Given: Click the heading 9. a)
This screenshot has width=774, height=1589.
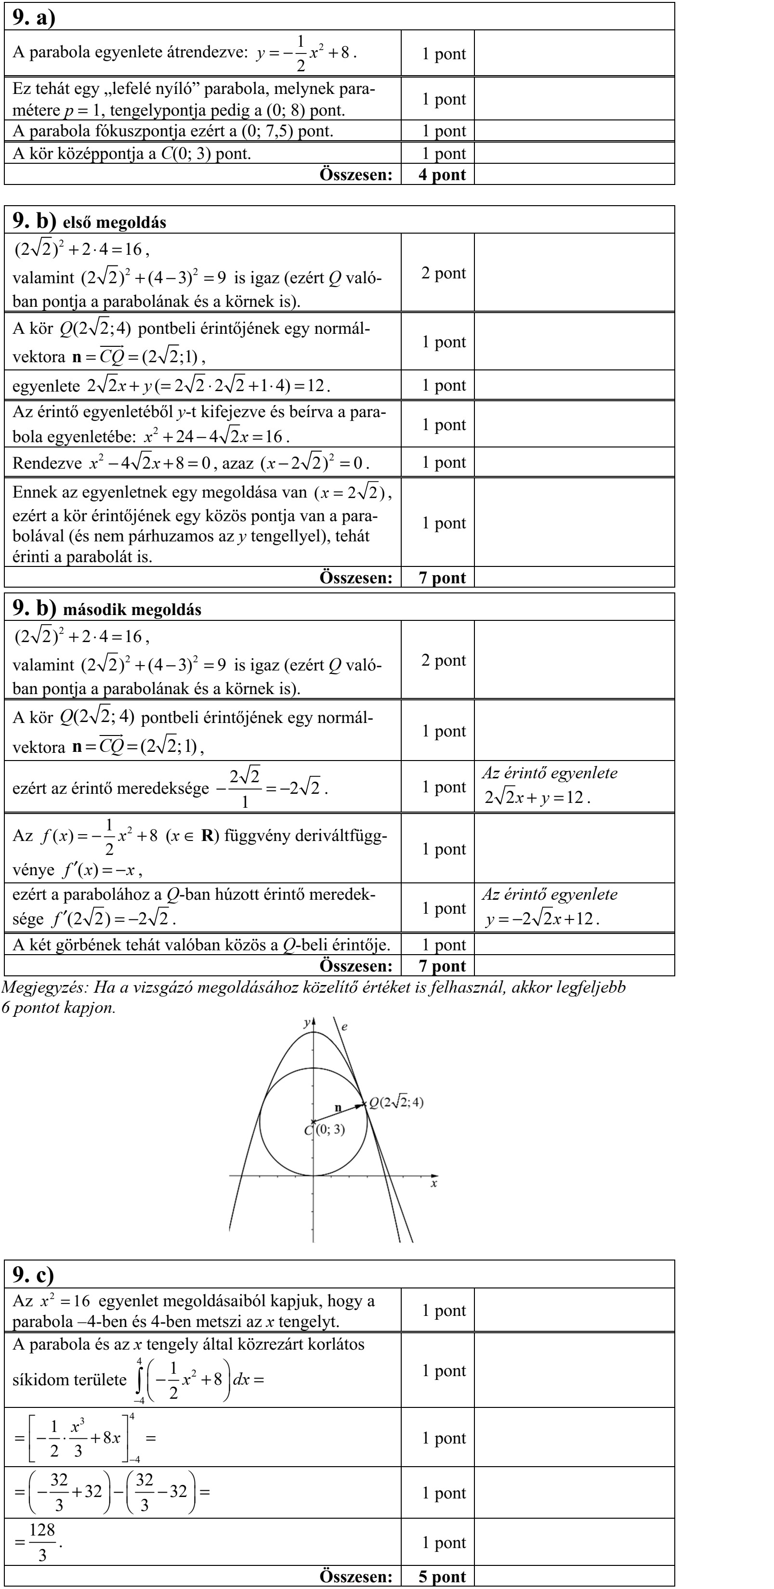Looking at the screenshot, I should [34, 17].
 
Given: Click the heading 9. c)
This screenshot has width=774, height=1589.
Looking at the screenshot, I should [33, 1274].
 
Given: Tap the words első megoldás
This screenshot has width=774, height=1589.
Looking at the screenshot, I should [115, 223].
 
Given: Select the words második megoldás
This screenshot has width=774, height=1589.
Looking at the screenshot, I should [132, 610].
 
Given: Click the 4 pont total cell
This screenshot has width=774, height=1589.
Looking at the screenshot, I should [442, 174].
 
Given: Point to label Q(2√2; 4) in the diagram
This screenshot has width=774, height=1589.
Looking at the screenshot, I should [396, 1103].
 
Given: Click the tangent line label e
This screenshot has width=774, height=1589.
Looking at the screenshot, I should [344, 1027].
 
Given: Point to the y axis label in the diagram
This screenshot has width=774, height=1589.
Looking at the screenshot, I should [306, 1023].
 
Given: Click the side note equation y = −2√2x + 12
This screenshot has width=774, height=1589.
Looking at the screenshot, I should [542, 919].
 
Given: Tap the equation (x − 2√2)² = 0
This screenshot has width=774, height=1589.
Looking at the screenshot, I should [314, 463].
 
